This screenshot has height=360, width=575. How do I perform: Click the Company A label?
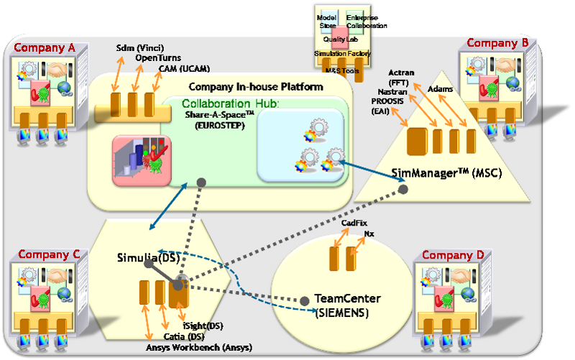(45, 49)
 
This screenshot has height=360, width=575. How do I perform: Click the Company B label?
(498, 43)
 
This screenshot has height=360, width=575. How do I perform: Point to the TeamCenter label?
(347, 298)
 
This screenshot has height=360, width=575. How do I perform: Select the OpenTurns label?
(157, 58)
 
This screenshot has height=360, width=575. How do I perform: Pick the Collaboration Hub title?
(226, 104)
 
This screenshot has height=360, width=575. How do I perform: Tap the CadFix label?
(354, 223)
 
